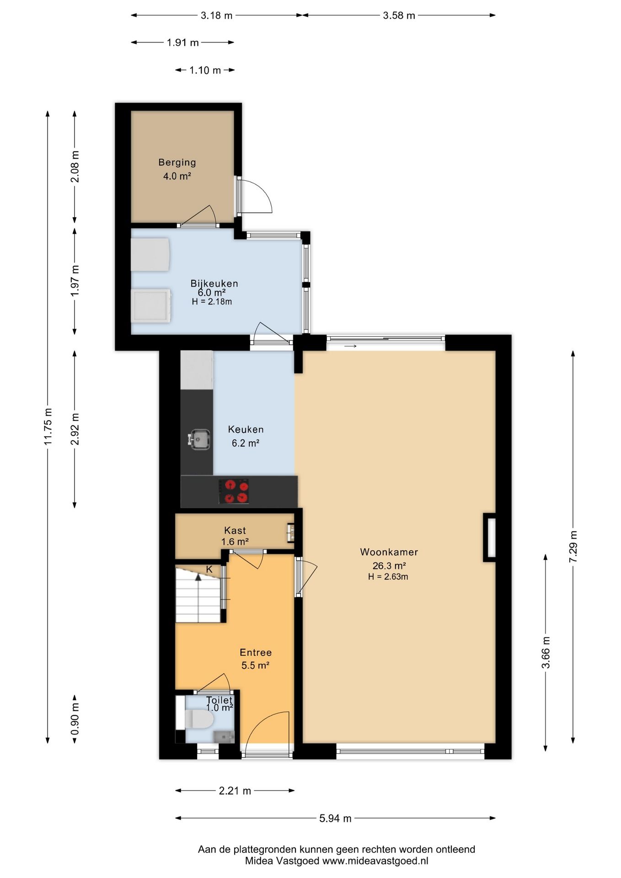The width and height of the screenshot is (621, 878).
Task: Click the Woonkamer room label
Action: (x=389, y=552)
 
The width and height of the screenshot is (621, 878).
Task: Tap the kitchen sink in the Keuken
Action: (x=199, y=439)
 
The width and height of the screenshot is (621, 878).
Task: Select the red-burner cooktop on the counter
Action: (x=234, y=492)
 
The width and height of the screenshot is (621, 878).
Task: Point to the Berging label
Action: (x=177, y=162)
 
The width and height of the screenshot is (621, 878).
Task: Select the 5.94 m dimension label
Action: (x=335, y=818)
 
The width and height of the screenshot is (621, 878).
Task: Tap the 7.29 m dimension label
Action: (x=573, y=547)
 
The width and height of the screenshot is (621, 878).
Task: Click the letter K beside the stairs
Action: (x=209, y=569)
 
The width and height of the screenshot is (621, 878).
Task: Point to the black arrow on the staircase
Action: (x=198, y=577)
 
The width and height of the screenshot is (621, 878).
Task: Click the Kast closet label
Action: (x=235, y=530)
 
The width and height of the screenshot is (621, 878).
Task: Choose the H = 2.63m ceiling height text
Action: (x=388, y=577)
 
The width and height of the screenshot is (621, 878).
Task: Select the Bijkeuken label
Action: (x=214, y=284)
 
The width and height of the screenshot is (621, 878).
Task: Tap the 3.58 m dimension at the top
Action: (x=399, y=16)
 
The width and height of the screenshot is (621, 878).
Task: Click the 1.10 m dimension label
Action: (x=205, y=70)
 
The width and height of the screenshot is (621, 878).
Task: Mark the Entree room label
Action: (x=256, y=653)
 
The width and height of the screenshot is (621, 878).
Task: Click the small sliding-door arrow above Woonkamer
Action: (x=350, y=346)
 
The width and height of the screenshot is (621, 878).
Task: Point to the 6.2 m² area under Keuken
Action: (x=246, y=443)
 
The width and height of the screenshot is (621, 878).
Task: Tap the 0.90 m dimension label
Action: (x=75, y=718)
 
